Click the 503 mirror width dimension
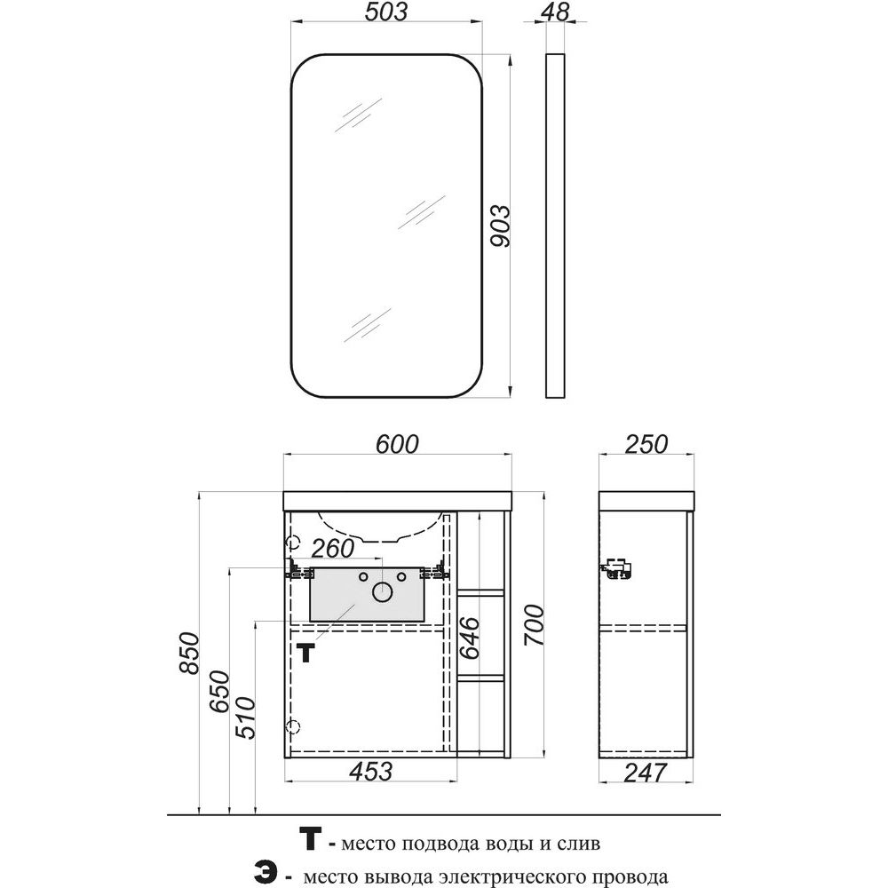(x=385, y=12)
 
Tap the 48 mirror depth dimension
(x=556, y=12)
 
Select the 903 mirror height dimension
(x=499, y=226)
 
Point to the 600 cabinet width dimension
(x=397, y=444)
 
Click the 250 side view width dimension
(x=646, y=444)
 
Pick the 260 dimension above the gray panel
(x=333, y=548)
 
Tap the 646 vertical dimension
(x=470, y=638)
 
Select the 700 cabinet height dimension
(x=534, y=625)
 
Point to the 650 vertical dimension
(x=219, y=692)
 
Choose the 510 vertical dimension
(x=246, y=718)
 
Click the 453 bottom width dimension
(x=371, y=772)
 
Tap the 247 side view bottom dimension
(x=646, y=773)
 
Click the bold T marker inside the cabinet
(x=305, y=653)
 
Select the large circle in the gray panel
(x=383, y=592)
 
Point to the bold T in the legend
(x=310, y=839)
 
